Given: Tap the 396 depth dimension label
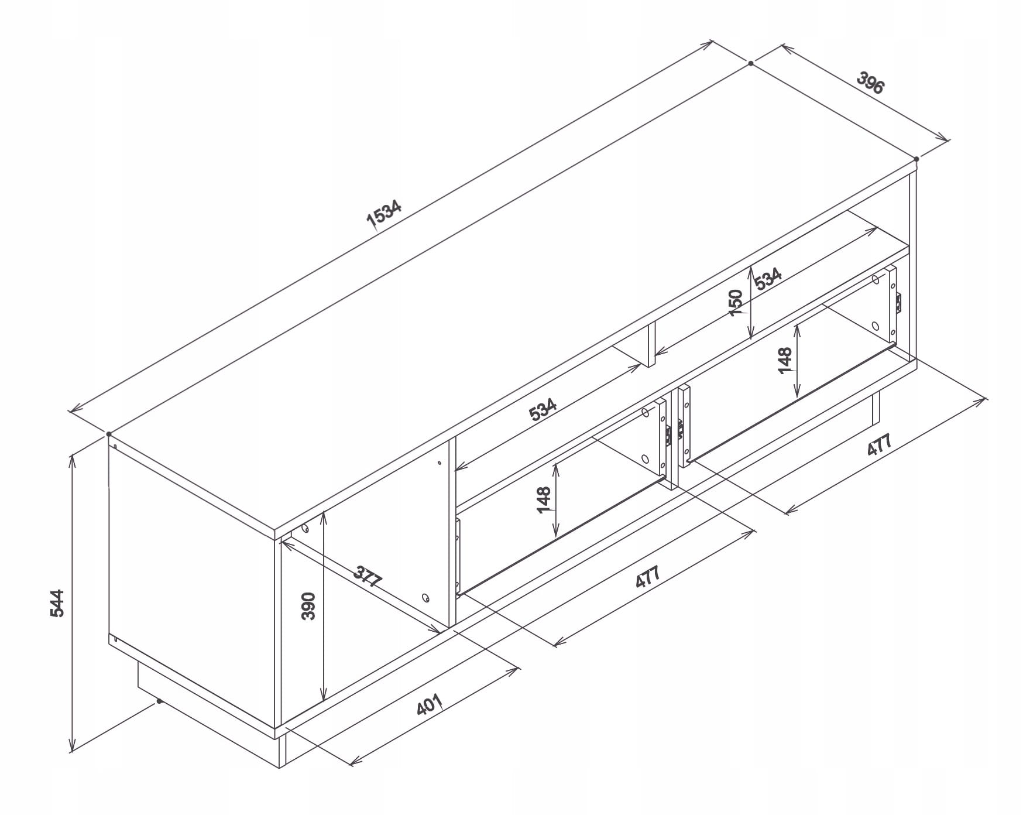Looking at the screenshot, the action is coord(870,83).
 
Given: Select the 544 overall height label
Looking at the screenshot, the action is coord(57,602).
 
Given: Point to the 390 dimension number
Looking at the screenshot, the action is coord(309,606).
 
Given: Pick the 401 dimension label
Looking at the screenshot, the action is coord(429,704).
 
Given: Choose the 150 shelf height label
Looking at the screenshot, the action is coord(737,303).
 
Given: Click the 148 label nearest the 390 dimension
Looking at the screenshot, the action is coord(544,499).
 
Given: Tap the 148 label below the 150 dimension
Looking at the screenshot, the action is coord(785,360).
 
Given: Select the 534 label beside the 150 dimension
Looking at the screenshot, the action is coord(768,279).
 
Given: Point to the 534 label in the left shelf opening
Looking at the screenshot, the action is coord(543,410).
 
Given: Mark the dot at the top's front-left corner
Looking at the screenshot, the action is coord(109,434).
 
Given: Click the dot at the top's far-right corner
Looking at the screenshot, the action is coord(916,159).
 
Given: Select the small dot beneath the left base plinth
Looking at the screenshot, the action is coord(159,701).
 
